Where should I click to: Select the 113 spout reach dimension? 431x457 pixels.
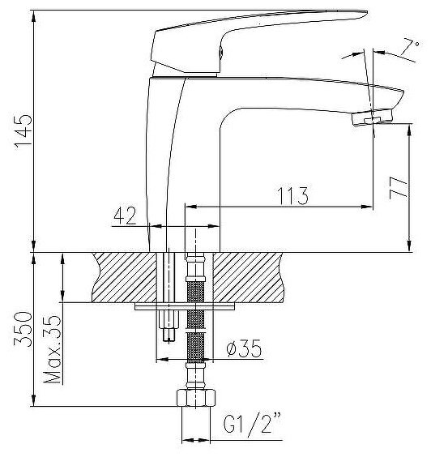[x=292, y=195]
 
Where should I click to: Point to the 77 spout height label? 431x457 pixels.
[x=399, y=188]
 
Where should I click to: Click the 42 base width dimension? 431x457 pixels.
[x=125, y=216]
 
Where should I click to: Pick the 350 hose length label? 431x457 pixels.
[x=23, y=329]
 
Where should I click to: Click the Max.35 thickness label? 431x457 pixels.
[x=52, y=349]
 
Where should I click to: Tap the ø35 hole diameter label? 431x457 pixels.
[x=244, y=348]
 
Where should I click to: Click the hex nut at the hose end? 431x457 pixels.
[x=196, y=398]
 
